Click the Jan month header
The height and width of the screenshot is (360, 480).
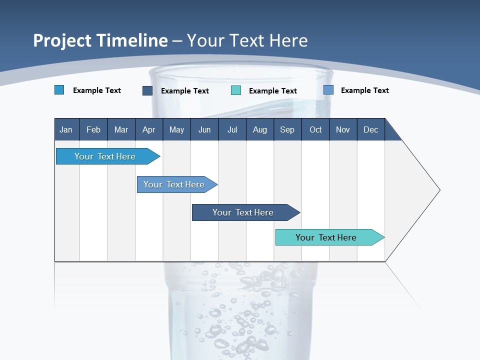(x=66, y=129)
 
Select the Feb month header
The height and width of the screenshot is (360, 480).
(x=93, y=129)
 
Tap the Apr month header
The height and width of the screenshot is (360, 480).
(x=148, y=129)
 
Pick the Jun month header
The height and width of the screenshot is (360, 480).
(x=204, y=129)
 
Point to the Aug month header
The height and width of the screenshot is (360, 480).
(x=259, y=129)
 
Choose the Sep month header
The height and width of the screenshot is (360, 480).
(x=287, y=129)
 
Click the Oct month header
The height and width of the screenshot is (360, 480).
(x=315, y=129)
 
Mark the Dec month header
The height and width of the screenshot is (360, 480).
(x=370, y=129)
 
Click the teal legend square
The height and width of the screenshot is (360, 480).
(x=236, y=90)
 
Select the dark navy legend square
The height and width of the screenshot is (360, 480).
(x=147, y=90)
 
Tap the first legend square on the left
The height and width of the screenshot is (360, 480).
(x=59, y=90)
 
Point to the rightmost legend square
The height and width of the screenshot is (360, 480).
(x=328, y=90)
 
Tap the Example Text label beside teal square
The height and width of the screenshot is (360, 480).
(x=272, y=91)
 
